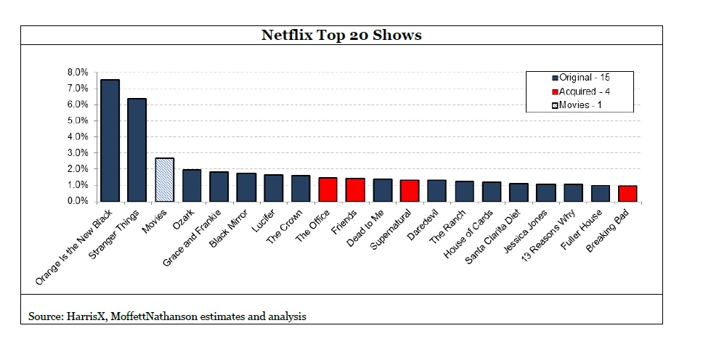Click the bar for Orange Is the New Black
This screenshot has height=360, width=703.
tap(110, 140)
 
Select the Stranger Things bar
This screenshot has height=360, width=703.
tap(137, 150)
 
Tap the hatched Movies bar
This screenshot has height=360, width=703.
tap(165, 179)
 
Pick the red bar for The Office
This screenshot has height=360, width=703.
tap(328, 189)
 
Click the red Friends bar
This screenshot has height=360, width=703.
tap(355, 189)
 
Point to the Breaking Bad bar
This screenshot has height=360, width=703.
tap(628, 194)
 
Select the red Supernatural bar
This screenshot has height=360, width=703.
tap(410, 191)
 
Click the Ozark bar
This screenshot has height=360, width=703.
tap(192, 185)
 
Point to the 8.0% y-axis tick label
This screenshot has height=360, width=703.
tap(77, 73)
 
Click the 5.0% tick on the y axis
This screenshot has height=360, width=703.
tap(77, 120)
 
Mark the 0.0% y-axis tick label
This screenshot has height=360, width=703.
tap(77, 201)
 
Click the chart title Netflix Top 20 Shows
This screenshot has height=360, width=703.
tap(341, 35)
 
